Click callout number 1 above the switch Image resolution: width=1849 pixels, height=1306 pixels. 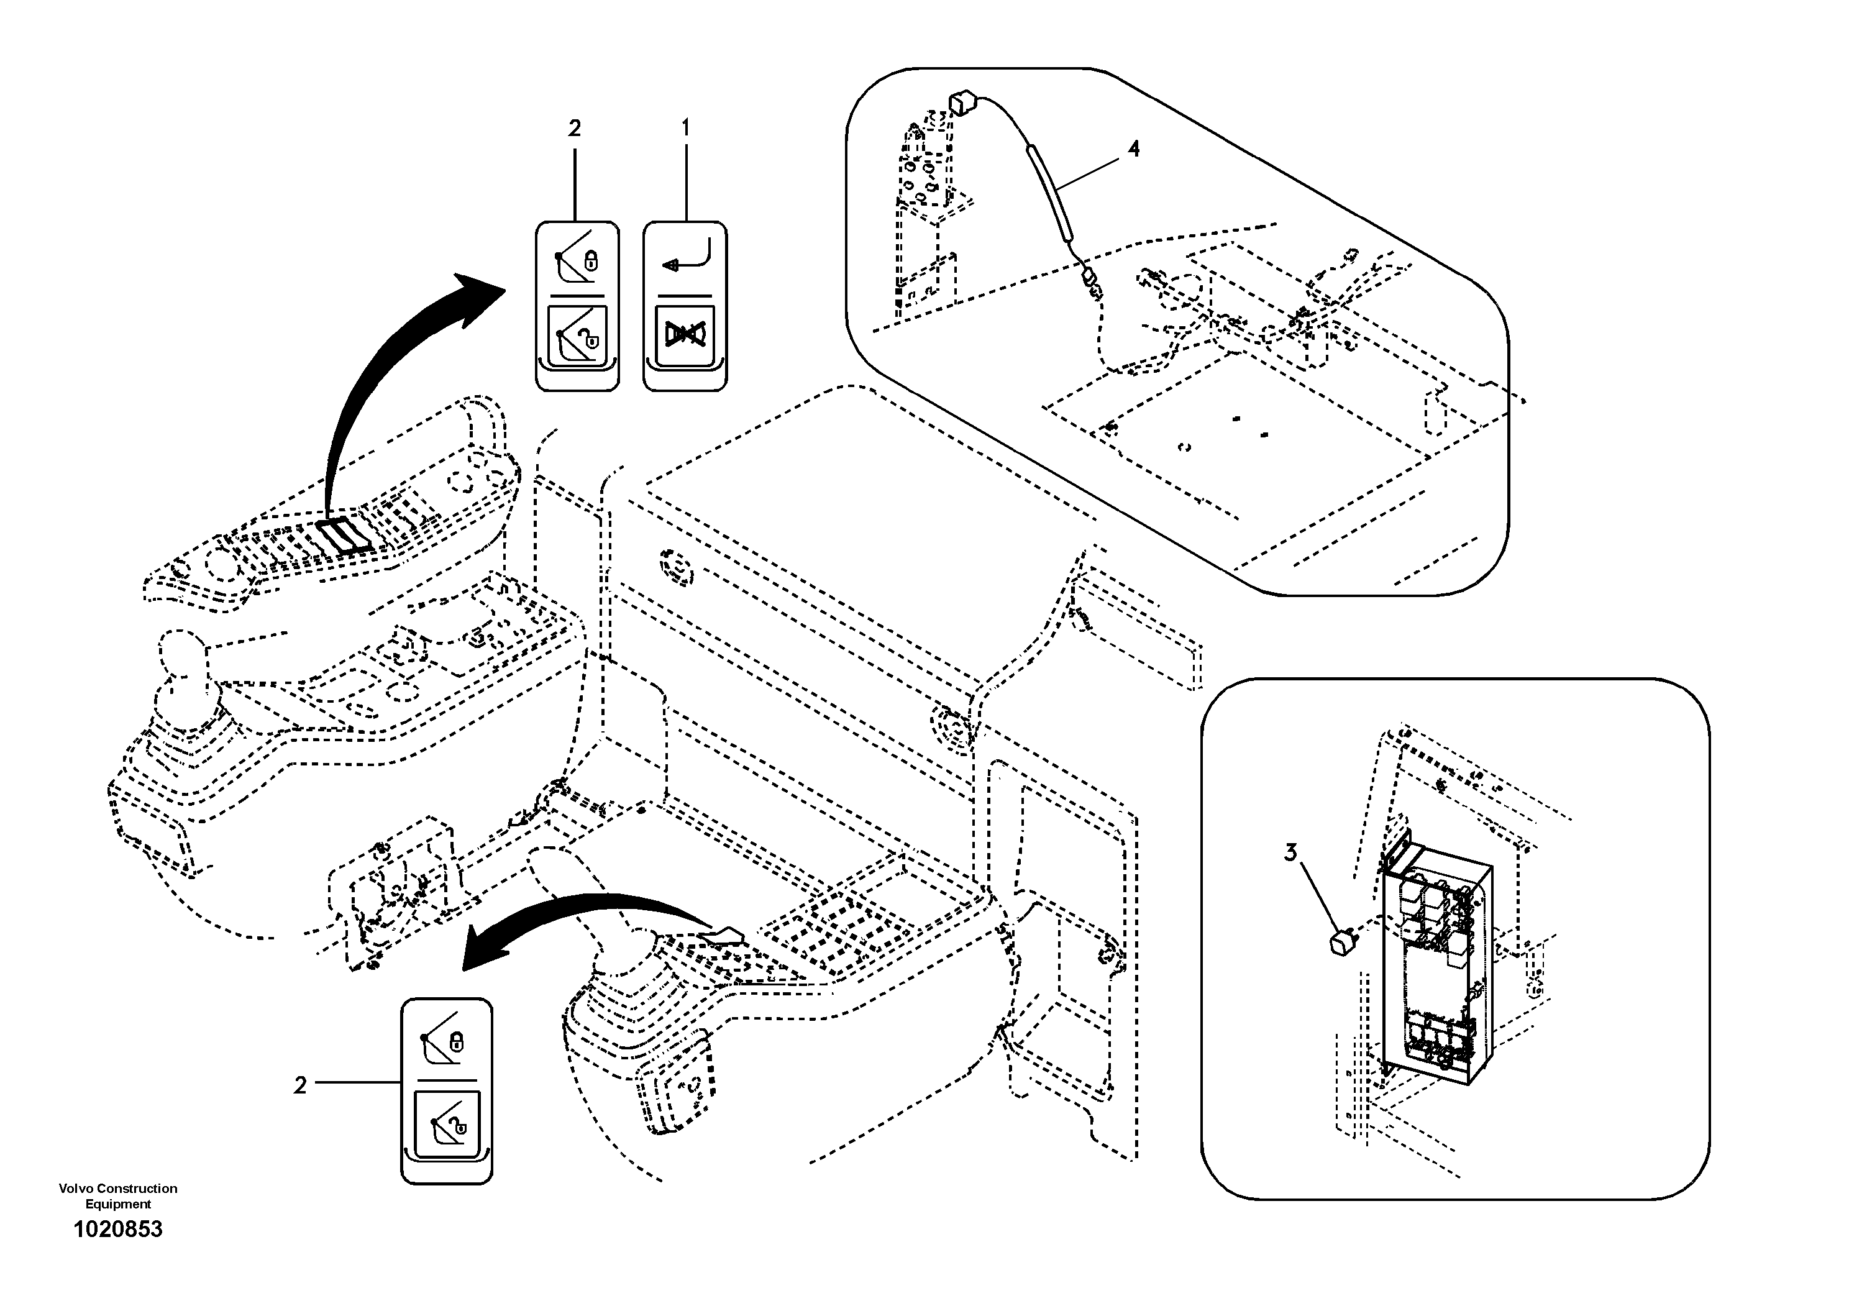(685, 128)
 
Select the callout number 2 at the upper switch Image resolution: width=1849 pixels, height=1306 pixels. (574, 128)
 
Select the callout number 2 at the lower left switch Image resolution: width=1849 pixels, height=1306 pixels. (300, 1086)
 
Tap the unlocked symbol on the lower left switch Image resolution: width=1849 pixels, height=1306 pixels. (446, 1123)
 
